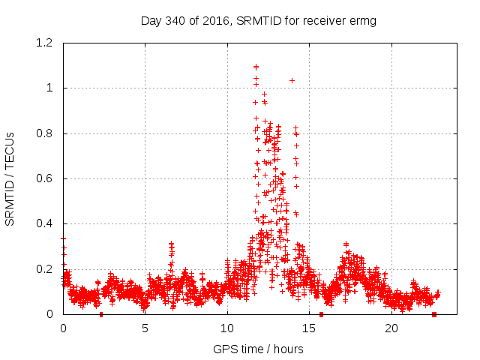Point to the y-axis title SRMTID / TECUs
tap(10, 178)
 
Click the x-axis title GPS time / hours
tap(258, 349)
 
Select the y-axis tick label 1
tap(50, 88)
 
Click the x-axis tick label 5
tap(145, 328)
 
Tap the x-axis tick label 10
tap(226, 328)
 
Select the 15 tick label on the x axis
tap(308, 328)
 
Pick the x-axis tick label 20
tap(391, 328)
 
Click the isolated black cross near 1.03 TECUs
tap(292, 80)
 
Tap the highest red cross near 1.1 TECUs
tap(256, 66)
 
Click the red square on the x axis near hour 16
tap(321, 314)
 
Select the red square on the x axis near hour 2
tap(101, 314)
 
